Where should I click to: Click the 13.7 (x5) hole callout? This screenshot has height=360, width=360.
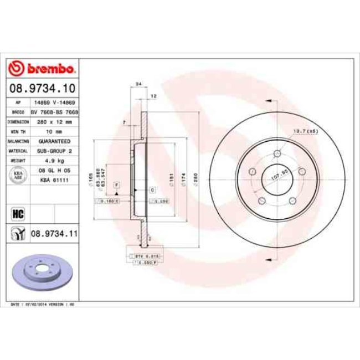pos(304,131)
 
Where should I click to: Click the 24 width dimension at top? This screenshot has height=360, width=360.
pos(138,84)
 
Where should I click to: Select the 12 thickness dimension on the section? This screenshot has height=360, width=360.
pos(153,96)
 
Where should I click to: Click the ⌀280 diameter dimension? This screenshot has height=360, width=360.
pos(196,181)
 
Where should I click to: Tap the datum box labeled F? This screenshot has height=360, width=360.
pos(117,184)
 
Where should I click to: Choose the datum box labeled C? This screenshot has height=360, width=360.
pos(152,190)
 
